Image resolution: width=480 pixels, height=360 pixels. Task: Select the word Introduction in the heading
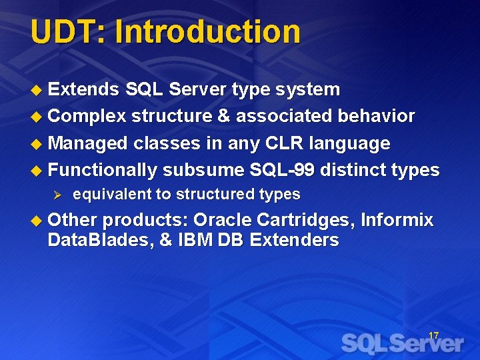coord(208,32)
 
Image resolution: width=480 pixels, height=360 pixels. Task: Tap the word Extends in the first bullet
coord(83,89)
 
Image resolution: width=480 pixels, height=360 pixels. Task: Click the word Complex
coord(87,117)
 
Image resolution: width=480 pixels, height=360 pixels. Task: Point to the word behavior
coord(377,117)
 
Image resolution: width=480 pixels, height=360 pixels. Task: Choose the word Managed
coord(87,144)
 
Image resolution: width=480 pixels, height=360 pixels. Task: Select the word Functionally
coord(102,171)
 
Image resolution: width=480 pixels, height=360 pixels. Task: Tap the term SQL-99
coord(282,170)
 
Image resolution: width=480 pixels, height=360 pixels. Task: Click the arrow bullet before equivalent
coord(57,195)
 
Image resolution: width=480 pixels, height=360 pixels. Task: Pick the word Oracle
coord(223,220)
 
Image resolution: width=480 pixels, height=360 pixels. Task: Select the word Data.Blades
coord(101,240)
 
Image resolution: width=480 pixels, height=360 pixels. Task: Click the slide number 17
coord(433,335)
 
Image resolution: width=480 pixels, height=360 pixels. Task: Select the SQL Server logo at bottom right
coord(402,343)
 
